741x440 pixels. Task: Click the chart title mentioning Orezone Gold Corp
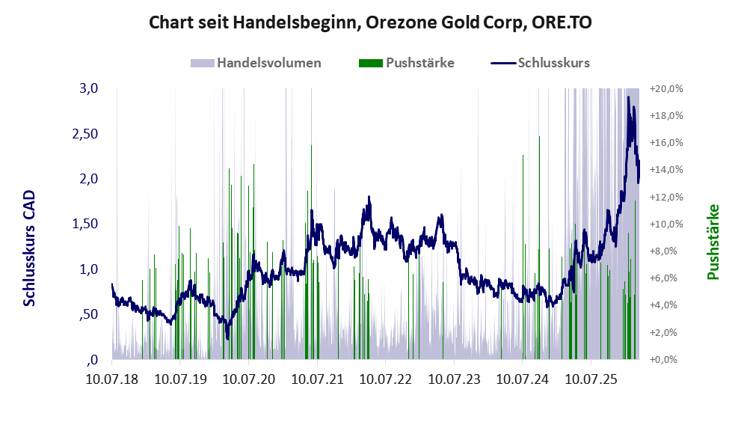(x=370, y=22)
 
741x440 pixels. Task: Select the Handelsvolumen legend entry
(x=268, y=63)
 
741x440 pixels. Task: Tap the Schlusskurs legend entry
(x=553, y=63)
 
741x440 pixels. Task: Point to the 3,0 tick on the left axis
(x=89, y=88)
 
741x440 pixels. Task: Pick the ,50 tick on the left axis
(x=87, y=314)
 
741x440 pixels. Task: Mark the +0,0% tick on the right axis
(x=669, y=359)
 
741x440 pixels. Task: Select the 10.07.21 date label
(x=317, y=380)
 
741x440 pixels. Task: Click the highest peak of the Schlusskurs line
(x=628, y=97)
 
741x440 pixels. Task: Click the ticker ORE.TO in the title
(x=560, y=22)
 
